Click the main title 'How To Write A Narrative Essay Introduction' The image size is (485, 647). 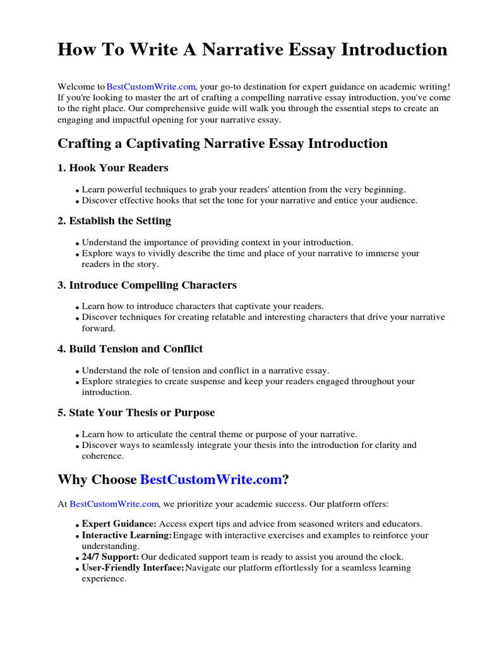pyautogui.click(x=252, y=49)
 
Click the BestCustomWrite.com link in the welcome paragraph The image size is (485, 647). pyautogui.click(x=151, y=87)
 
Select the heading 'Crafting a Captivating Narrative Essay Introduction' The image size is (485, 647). pyautogui.click(x=222, y=143)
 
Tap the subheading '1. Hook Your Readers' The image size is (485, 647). pyautogui.click(x=113, y=168)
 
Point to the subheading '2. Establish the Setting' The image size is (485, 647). pyautogui.click(x=114, y=221)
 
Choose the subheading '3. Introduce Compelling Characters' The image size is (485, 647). pyautogui.click(x=147, y=285)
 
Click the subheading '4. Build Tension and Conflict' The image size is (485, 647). pyautogui.click(x=130, y=349)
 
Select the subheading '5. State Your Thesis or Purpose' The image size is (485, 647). pyautogui.click(x=136, y=413)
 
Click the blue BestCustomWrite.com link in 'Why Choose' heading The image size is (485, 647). pyautogui.click(x=210, y=480)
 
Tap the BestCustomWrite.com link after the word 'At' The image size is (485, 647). pyautogui.click(x=114, y=504)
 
